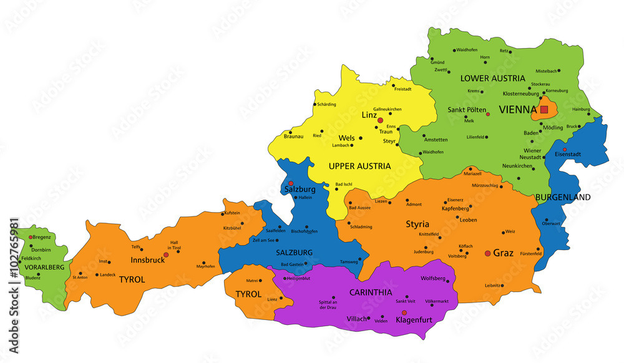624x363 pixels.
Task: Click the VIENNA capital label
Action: coord(514,109)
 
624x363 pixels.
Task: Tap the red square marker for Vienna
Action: coord(544,109)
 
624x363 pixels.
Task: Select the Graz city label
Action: coord(504,253)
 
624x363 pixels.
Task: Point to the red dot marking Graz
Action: coord(487,253)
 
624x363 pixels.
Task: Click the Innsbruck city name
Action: coord(148,259)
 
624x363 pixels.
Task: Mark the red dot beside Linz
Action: coord(380,120)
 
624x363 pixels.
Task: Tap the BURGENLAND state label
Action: coord(563,197)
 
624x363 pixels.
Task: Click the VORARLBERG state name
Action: coord(44,267)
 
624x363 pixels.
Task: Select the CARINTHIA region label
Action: coord(371,291)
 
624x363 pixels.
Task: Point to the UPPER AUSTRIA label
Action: coord(359,166)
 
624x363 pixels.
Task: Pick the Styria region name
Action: coord(417,223)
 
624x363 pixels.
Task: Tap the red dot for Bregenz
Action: coord(31,237)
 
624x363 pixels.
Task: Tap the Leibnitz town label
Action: coord(492,285)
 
